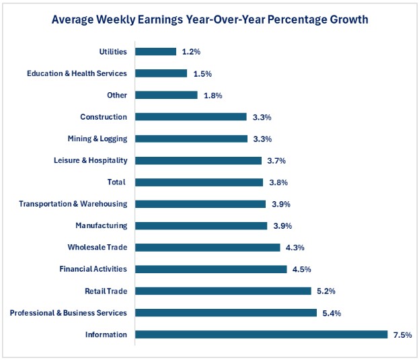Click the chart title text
click(210, 20)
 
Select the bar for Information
click(262, 334)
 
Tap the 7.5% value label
click(402, 334)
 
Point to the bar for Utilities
click(156, 51)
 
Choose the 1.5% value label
click(201, 73)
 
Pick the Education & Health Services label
click(77, 73)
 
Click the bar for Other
click(167, 95)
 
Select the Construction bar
click(192, 116)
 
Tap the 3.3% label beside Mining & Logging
click(262, 139)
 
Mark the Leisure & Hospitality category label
click(90, 160)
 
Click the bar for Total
click(199, 182)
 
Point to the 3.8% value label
click(278, 182)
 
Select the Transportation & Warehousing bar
click(201, 204)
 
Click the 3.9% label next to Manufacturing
click(281, 225)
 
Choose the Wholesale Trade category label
click(97, 247)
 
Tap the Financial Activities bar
click(211, 269)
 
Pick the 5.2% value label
click(326, 291)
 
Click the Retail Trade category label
click(106, 291)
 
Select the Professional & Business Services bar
click(226, 313)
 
